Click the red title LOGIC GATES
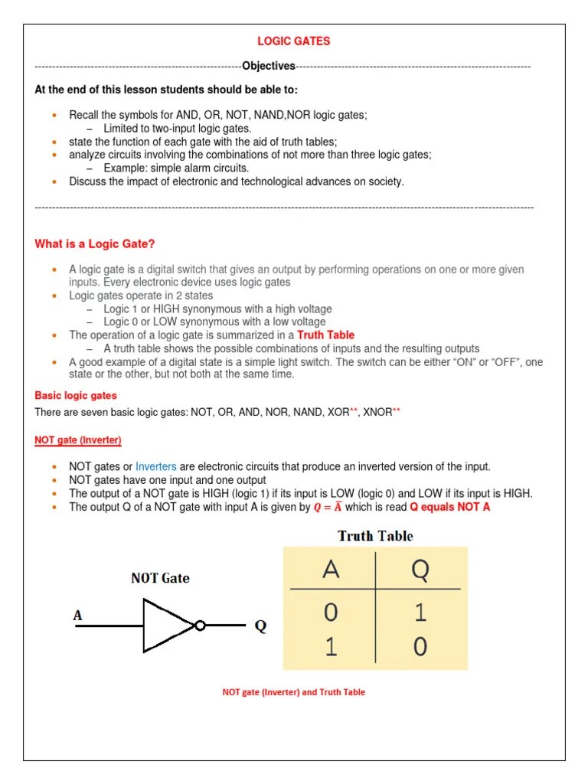[x=293, y=41]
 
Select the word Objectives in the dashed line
[x=268, y=67]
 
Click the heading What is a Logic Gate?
[x=95, y=244]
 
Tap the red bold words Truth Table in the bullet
[x=326, y=335]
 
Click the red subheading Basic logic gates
[x=76, y=396]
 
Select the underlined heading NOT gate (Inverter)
[x=78, y=440]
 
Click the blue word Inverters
[x=156, y=466]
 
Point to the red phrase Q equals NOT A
[x=450, y=507]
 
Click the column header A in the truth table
[x=331, y=570]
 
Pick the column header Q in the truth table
[x=420, y=570]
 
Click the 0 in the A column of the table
[x=331, y=613]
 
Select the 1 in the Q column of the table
[x=420, y=613]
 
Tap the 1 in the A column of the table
[x=331, y=648]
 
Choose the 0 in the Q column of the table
[x=420, y=648]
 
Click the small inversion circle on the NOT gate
[x=200, y=626]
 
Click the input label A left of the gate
[x=77, y=615]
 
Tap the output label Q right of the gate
[x=260, y=626]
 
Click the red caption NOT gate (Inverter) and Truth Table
[x=293, y=692]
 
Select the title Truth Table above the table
[x=375, y=536]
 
